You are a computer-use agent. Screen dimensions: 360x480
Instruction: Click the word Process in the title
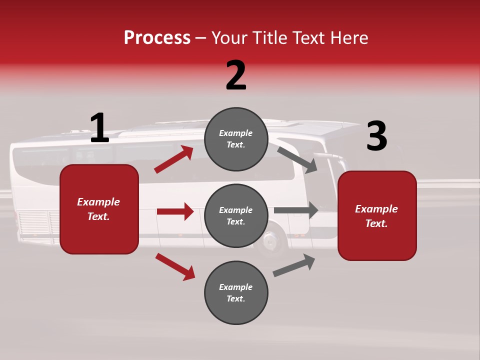tap(157, 38)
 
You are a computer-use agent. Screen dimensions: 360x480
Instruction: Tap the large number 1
tap(99, 128)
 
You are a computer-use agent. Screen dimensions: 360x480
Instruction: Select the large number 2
tap(236, 75)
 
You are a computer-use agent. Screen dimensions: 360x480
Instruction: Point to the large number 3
tap(376, 136)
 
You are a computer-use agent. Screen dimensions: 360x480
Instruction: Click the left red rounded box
tap(99, 209)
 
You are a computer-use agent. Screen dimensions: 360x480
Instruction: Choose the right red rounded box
tap(377, 215)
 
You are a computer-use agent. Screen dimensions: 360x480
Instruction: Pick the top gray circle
tap(236, 139)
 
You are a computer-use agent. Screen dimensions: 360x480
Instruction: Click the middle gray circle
tap(236, 215)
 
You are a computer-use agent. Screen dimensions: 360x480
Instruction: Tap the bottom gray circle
tap(236, 292)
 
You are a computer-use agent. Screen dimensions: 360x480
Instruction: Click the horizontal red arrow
tap(175, 211)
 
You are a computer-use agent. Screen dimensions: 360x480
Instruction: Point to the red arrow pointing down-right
tap(175, 266)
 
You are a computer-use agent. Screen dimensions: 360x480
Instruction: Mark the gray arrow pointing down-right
tap(297, 159)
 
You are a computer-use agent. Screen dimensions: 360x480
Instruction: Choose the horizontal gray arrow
tap(296, 210)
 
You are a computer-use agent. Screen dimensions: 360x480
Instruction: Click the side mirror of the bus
tap(330, 159)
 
